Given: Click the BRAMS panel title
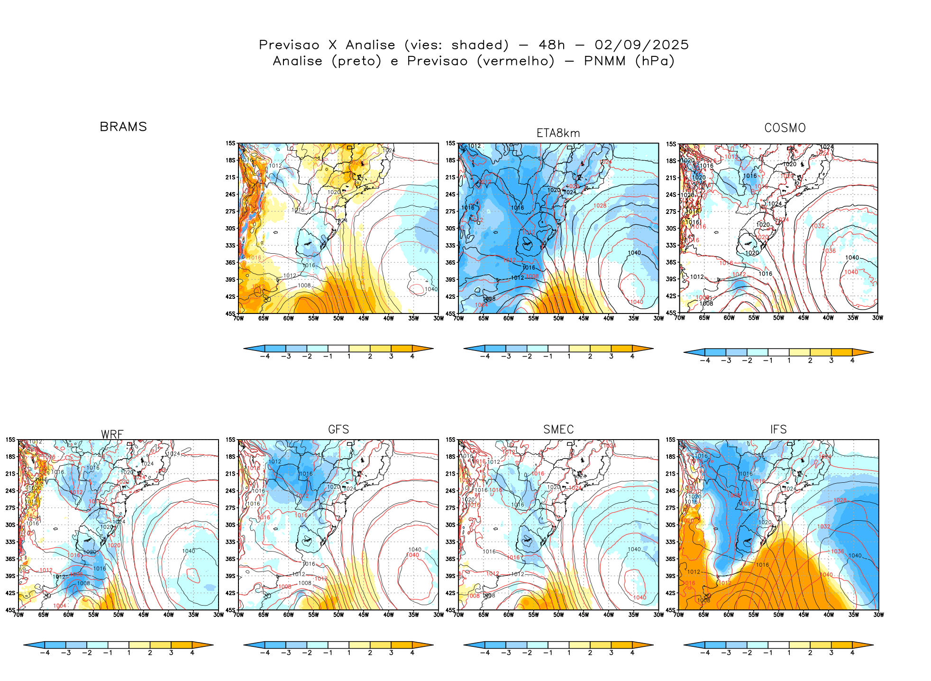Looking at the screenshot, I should click(x=123, y=127).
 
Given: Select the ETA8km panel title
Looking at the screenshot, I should click(x=558, y=133).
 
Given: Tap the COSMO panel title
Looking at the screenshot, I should click(x=785, y=128).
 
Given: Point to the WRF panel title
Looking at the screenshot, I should click(x=112, y=434).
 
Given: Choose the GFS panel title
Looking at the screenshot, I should click(x=338, y=429).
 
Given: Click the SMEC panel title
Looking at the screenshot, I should click(x=558, y=429).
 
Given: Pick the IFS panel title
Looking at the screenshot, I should click(x=778, y=429).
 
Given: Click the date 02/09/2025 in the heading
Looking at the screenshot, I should click(x=641, y=45).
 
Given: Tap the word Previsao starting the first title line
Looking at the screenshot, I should click(x=289, y=45).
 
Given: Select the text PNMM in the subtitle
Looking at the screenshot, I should click(x=604, y=61).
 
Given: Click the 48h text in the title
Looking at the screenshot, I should click(x=552, y=45).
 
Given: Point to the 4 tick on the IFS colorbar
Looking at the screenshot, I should click(x=852, y=653).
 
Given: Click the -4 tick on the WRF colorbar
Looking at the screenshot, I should click(x=45, y=653).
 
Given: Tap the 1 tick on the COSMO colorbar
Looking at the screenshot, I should click(x=789, y=360).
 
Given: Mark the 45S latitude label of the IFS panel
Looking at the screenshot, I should click(x=671, y=610).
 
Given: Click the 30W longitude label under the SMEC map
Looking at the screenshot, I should click(x=658, y=615).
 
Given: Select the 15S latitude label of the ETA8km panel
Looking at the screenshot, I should click(x=450, y=143).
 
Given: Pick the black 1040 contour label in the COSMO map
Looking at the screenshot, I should click(x=852, y=258).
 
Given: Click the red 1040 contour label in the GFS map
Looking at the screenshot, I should click(x=412, y=555).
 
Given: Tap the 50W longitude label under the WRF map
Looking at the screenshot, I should click(x=119, y=615).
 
